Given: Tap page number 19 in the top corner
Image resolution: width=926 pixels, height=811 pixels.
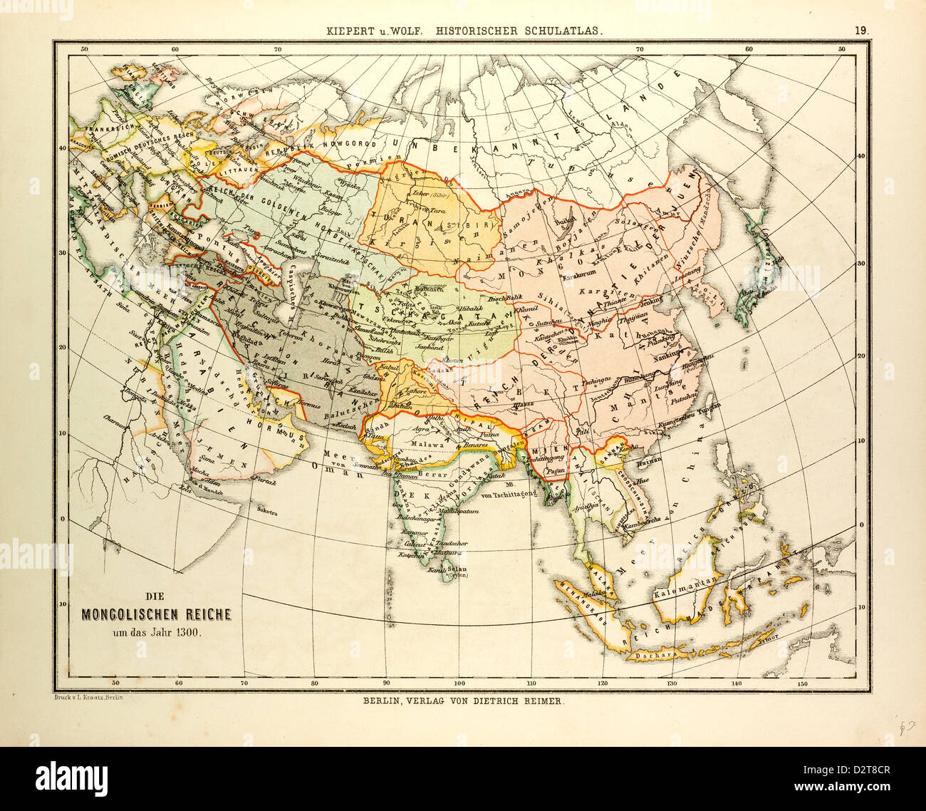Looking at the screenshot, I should [x=861, y=30].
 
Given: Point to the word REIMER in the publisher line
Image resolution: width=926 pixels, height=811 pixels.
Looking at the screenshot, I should [x=542, y=701].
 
